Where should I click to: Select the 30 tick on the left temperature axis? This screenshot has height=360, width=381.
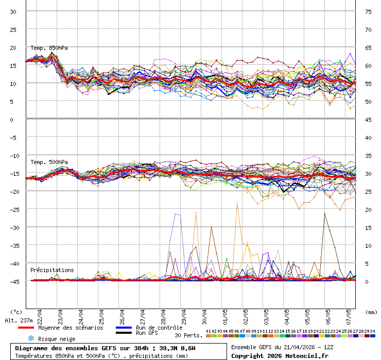click(13, 11)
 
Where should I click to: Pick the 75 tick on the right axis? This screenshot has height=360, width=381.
click(368, 11)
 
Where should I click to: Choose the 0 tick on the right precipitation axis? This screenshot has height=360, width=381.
click(367, 281)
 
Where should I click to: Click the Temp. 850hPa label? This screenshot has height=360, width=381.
click(49, 48)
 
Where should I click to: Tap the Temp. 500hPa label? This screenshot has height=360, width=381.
click(49, 162)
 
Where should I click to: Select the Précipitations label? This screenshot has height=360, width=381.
click(52, 270)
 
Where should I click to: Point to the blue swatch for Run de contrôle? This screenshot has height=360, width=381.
click(124, 328)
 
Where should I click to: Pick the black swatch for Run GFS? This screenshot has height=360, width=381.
click(124, 333)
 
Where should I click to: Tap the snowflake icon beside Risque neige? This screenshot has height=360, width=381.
click(31, 338)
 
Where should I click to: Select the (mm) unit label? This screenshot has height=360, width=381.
click(371, 312)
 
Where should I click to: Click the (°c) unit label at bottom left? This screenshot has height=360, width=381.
click(16, 312)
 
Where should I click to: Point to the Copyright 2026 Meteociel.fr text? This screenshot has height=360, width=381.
click(279, 355)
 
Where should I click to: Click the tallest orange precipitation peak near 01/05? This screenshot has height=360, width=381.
click(237, 204)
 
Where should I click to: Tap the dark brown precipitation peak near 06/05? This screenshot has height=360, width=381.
click(324, 213)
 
